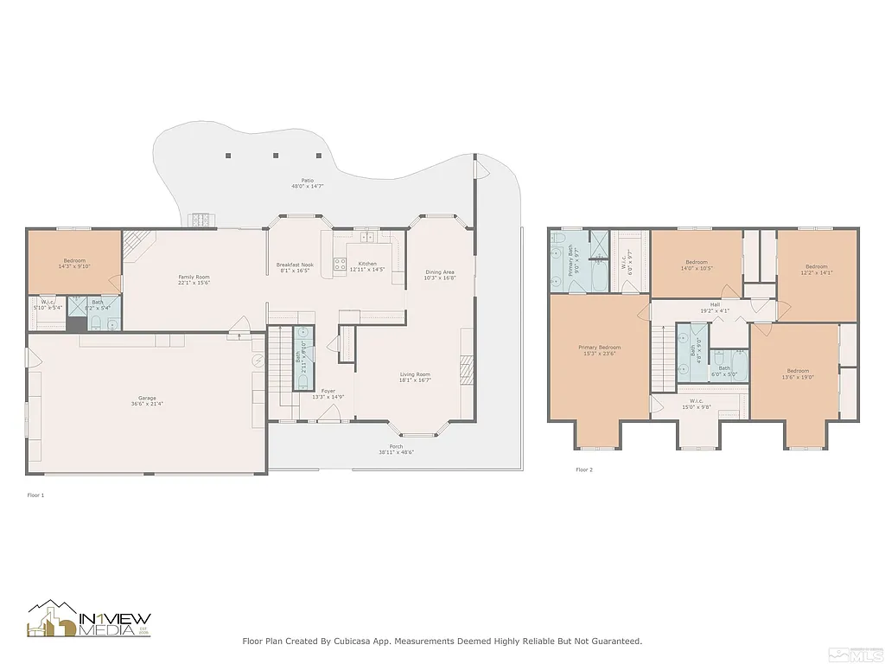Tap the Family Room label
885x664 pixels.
194,278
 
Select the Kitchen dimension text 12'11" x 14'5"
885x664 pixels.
367,270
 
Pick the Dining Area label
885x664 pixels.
440,272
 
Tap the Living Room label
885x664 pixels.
415,375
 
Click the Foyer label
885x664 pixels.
328,391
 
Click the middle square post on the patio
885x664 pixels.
276,156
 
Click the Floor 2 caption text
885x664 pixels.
584,470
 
